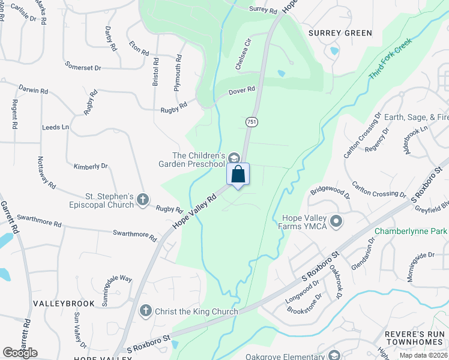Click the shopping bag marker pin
tap(238, 175)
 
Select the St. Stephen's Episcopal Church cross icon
tap(143, 200)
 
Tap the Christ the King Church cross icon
tap(145, 311)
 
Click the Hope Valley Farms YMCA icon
tap(336, 221)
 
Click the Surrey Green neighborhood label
tap(340, 33)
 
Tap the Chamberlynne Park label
tap(411, 231)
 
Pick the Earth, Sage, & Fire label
tap(416, 117)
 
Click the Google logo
tap(20, 353)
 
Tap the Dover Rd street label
tap(242, 91)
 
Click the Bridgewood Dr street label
tap(330, 192)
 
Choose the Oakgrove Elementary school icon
tap(334, 355)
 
